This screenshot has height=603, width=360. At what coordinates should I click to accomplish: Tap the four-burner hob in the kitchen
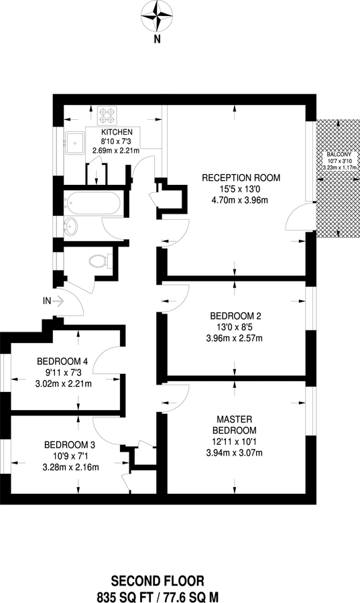coord(107,115)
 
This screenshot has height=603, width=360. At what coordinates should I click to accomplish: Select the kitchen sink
coord(75,141)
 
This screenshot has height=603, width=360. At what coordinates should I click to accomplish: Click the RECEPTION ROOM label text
coord(241,178)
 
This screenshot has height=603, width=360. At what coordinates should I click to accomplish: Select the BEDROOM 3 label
coord(68,444)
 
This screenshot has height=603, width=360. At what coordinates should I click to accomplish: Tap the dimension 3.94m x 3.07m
coord(235,452)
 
